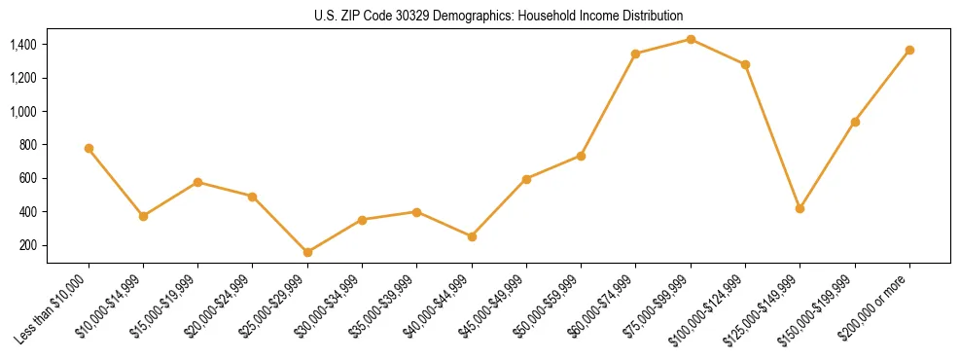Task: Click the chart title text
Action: pyautogui.click(x=498, y=16)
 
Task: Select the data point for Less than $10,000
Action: pyautogui.click(x=89, y=148)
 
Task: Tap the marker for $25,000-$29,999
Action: pyautogui.click(x=307, y=252)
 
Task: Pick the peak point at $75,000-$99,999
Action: pyautogui.click(x=691, y=39)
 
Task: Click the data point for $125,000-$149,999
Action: pyautogui.click(x=800, y=208)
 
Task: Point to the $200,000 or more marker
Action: pyautogui.click(x=909, y=50)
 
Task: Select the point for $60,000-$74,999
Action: pyautogui.click(x=635, y=54)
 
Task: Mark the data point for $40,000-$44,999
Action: pyautogui.click(x=472, y=236)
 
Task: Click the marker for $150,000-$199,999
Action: pyautogui.click(x=855, y=122)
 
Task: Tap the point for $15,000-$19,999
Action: pyautogui.click(x=197, y=182)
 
